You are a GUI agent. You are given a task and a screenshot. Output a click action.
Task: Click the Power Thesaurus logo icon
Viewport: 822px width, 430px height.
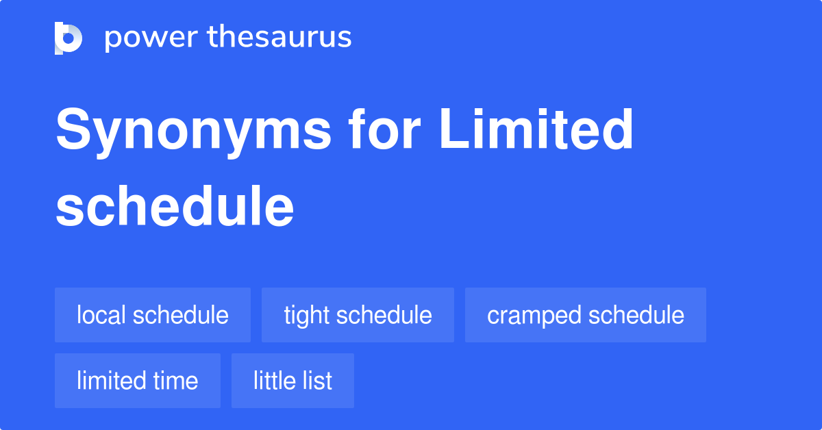coord(68,38)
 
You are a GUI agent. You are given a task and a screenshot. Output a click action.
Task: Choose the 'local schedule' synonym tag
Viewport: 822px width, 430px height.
coord(153,315)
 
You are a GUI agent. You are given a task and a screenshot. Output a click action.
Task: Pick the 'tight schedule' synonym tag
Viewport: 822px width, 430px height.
coord(358,315)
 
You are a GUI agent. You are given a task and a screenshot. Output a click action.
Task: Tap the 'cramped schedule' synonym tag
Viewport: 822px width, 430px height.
coord(586,315)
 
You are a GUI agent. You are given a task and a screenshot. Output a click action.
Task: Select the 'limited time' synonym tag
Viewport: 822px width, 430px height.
coord(138,381)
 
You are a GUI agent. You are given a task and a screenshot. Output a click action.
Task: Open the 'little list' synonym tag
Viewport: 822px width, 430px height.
coord(292,381)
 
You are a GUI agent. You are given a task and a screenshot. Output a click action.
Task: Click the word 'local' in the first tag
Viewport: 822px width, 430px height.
coord(101,315)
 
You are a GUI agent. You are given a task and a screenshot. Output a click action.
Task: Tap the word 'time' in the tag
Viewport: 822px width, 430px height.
coord(177,381)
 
